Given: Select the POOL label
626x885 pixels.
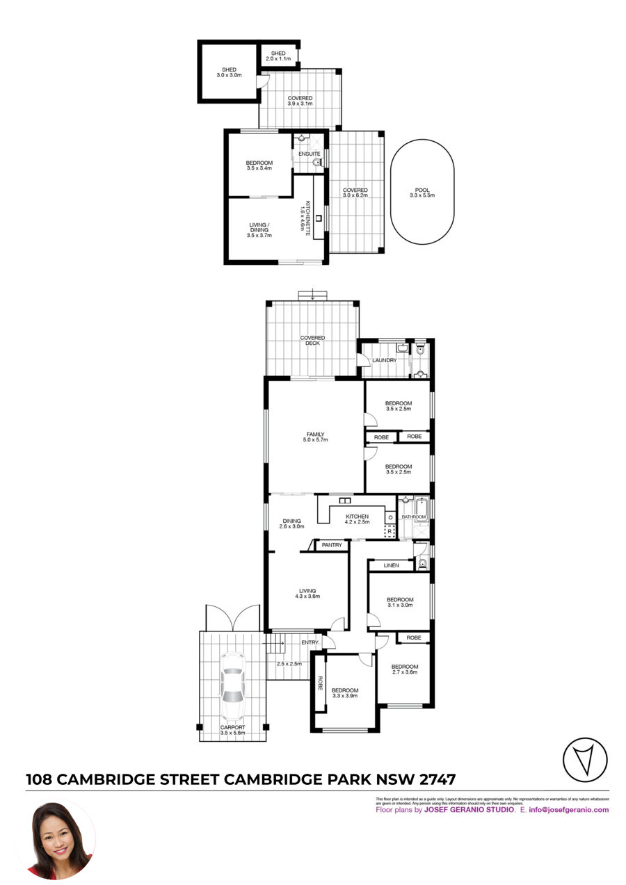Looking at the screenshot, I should (x=423, y=193).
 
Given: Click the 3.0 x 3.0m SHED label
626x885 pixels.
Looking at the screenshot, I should (x=229, y=72).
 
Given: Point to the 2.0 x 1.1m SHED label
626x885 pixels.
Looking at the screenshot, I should (x=278, y=56).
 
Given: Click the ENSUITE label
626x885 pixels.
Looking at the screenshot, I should (x=310, y=154).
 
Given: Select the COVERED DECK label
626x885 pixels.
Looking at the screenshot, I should (x=312, y=341).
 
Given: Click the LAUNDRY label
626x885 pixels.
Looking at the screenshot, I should (x=384, y=360).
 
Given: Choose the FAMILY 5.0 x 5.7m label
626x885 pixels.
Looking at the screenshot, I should (x=315, y=437).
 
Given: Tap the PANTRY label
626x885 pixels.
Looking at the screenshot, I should (x=332, y=545).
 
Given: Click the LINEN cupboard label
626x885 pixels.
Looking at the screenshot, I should (x=391, y=565).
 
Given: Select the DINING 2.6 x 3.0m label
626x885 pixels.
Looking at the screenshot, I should (x=291, y=523).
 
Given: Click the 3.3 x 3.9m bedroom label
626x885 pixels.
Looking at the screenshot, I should (x=344, y=692).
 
